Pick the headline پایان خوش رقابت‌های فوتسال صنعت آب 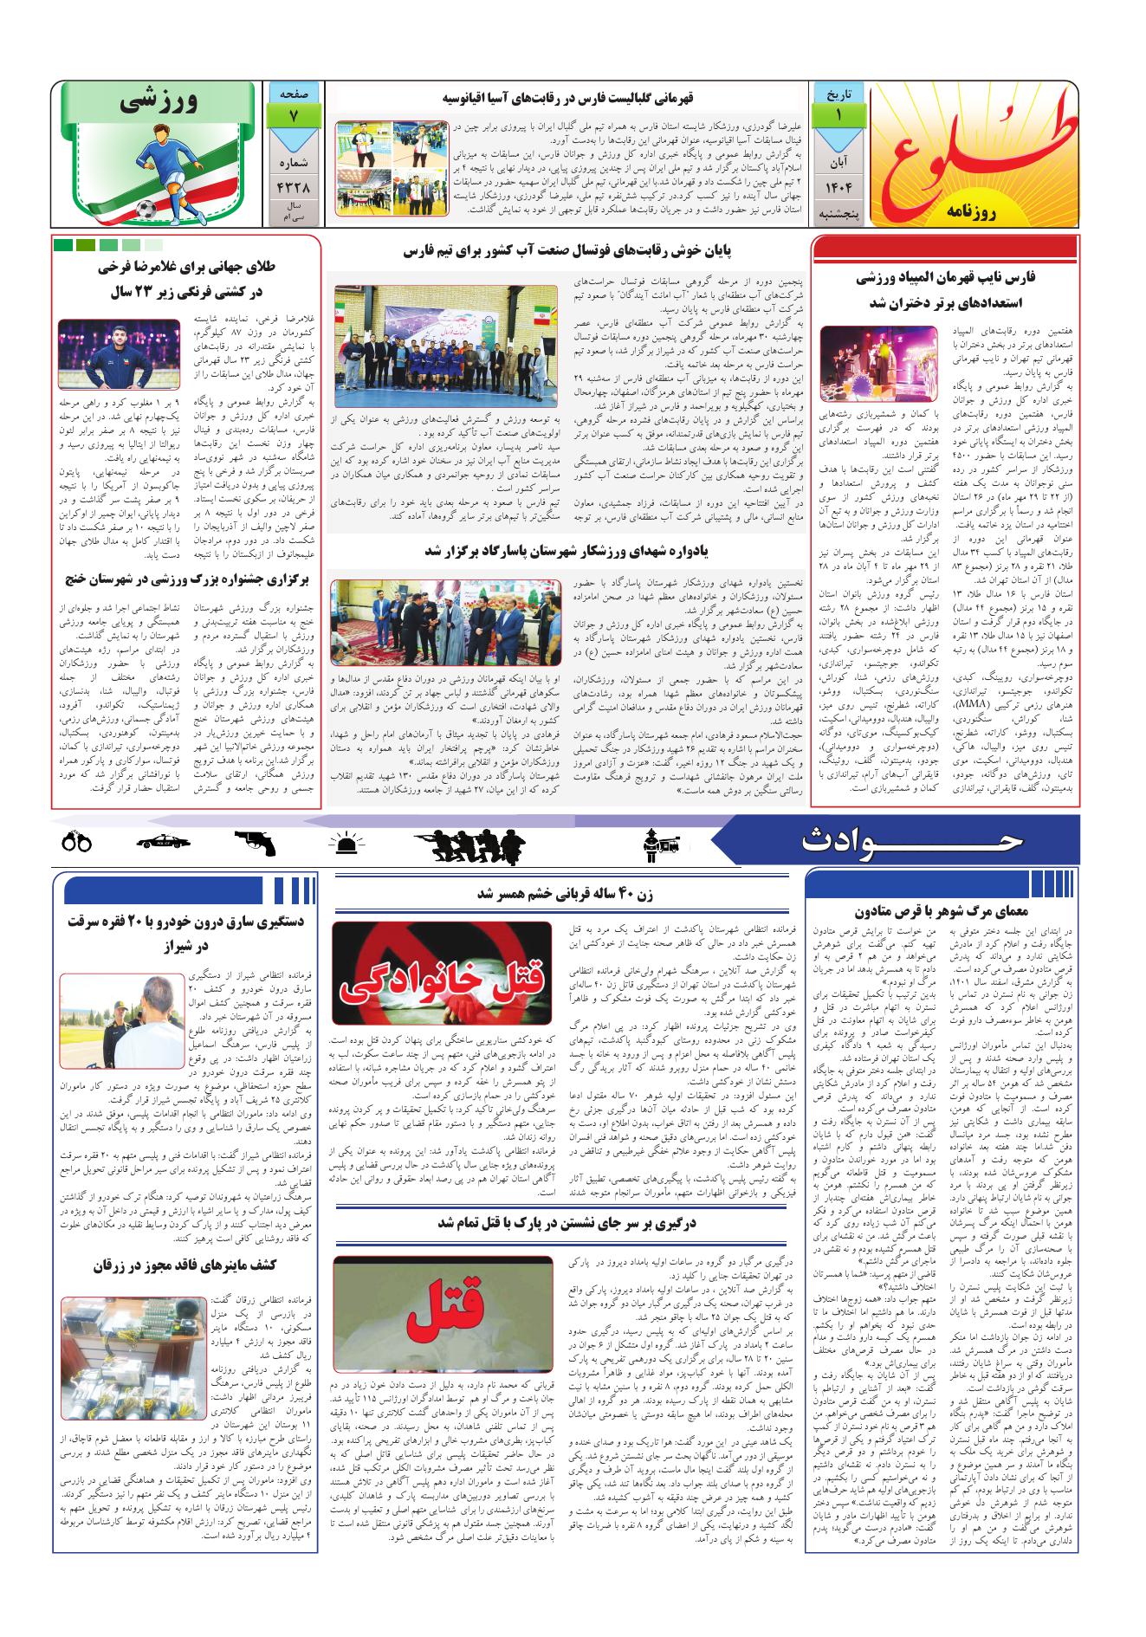[x=567, y=252]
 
